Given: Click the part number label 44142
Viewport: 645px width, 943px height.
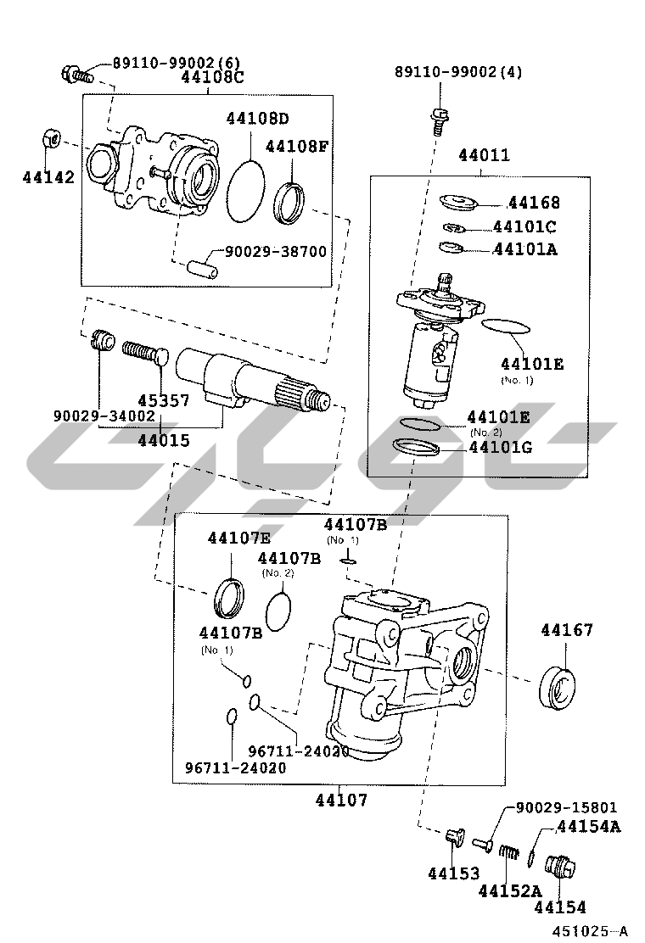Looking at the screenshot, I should (48, 177).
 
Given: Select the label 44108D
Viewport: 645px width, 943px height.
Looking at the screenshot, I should (257, 118).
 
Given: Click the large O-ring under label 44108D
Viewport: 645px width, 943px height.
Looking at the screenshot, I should (247, 191).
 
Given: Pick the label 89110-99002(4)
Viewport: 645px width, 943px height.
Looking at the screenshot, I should (458, 72).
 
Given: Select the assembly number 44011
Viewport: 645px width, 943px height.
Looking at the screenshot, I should (484, 155).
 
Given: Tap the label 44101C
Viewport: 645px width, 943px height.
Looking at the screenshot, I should (524, 226).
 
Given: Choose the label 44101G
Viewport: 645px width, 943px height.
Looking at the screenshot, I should (500, 446).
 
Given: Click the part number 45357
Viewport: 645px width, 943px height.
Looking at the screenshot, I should (164, 400).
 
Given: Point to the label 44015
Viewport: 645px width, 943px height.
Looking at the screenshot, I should (164, 440).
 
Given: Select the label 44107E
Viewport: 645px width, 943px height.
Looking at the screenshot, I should (239, 537).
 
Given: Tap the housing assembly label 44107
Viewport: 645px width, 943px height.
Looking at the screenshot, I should (341, 799).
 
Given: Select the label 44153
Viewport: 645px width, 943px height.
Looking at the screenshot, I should (453, 873).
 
